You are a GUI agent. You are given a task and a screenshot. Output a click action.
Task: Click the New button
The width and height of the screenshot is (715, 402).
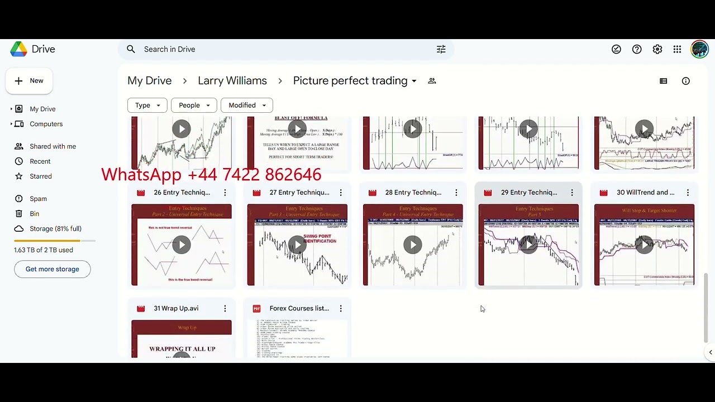click(29, 81)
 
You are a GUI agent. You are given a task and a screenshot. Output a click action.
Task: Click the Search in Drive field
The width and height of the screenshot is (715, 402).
click(279, 49)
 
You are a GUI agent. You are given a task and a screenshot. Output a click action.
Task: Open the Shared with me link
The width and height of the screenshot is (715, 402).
click(53, 146)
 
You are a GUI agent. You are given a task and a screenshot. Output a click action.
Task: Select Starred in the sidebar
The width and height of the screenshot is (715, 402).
click(40, 176)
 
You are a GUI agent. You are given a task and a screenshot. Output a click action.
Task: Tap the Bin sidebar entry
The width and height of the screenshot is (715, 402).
click(34, 214)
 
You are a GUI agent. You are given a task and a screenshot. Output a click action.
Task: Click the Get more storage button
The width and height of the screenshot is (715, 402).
click(52, 269)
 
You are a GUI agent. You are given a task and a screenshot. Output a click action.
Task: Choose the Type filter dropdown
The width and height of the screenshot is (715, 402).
click(147, 105)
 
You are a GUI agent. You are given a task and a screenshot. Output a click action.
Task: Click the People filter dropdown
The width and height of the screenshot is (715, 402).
click(194, 105)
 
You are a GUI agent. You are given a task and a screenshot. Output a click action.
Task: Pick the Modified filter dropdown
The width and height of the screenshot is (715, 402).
click(247, 105)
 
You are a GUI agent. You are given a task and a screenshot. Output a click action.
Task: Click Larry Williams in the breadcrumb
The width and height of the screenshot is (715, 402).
click(232, 81)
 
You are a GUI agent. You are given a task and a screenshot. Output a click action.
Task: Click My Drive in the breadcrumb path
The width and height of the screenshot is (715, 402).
click(149, 81)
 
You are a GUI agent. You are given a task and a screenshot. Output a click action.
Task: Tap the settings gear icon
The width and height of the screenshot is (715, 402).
click(657, 49)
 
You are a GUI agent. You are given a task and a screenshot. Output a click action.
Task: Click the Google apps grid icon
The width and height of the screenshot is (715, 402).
click(677, 49)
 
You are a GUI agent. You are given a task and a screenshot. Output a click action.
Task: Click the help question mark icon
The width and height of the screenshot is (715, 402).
click(637, 49)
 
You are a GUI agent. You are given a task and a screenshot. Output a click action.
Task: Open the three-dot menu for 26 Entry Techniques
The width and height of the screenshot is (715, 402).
click(225, 193)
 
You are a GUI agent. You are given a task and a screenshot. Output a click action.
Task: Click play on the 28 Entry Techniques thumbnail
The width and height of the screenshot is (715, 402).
click(413, 245)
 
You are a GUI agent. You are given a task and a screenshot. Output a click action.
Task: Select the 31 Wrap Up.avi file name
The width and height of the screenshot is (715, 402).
click(176, 308)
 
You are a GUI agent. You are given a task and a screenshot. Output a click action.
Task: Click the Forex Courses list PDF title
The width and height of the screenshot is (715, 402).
click(299, 308)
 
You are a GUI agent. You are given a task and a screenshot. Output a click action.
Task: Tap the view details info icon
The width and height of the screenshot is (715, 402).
click(686, 81)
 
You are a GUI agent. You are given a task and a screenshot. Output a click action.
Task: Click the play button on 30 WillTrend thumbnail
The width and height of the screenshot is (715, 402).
click(644, 245)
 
